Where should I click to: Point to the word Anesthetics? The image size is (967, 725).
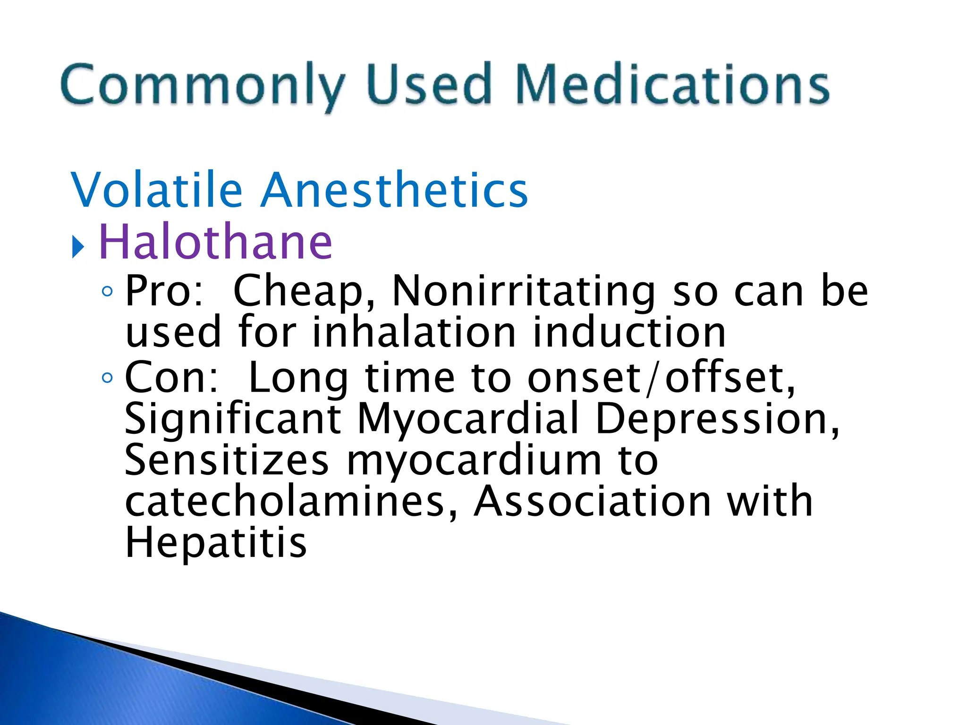click(x=394, y=190)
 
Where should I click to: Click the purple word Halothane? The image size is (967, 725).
click(x=215, y=242)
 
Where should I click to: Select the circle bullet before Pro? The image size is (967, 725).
click(x=107, y=292)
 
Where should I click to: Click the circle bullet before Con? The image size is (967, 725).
click(x=107, y=378)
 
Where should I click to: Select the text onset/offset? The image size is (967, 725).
click(x=661, y=378)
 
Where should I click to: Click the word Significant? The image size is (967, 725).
click(x=233, y=419)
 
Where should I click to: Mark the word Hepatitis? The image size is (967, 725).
click(x=216, y=543)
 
